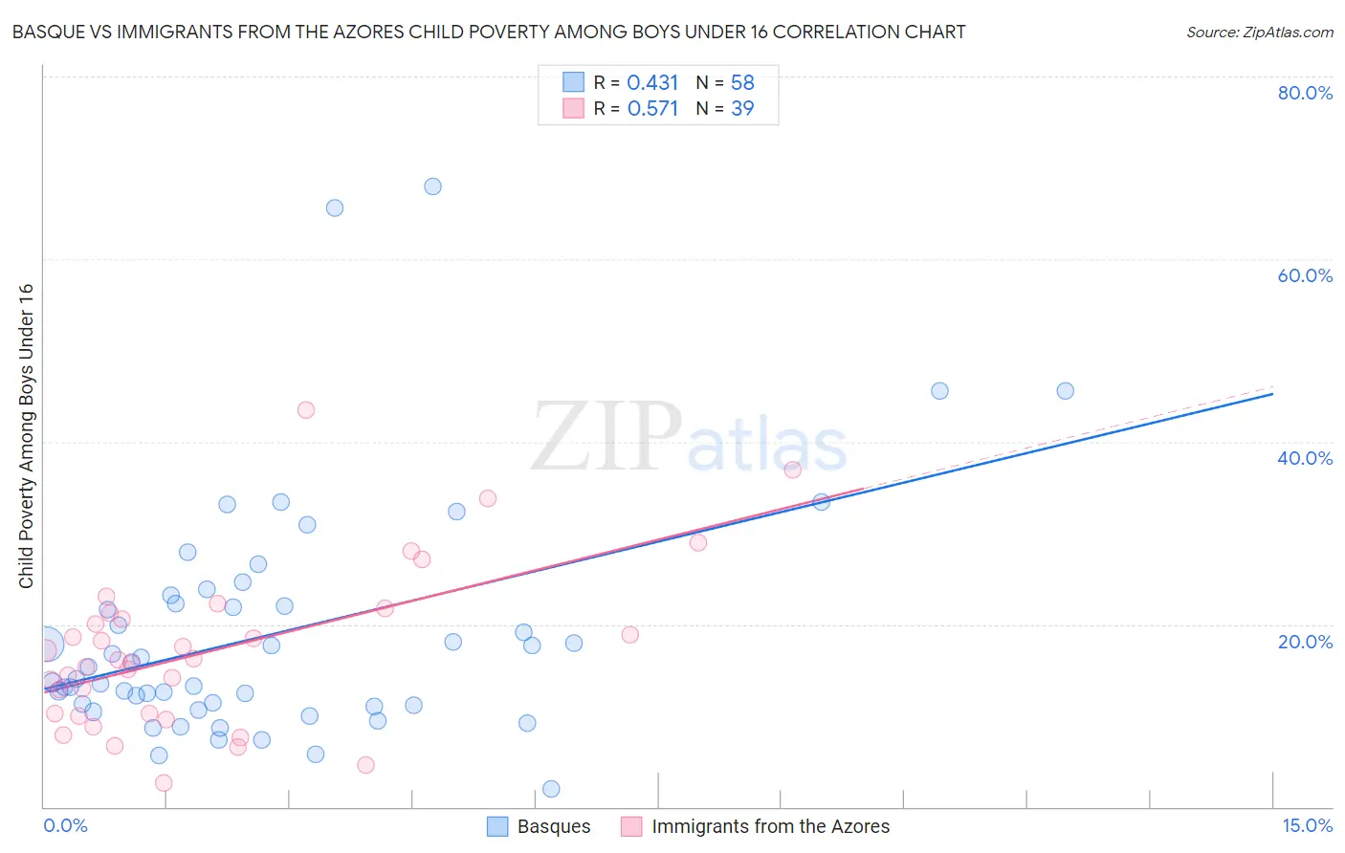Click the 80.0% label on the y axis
(1305, 93)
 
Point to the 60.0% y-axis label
(1305, 275)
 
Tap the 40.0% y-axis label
(1305, 458)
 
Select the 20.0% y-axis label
(1305, 642)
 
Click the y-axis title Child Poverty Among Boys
(26, 436)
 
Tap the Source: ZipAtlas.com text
(1259, 33)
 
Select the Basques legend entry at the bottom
(553, 827)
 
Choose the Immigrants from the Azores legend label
(770, 827)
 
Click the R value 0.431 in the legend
(652, 83)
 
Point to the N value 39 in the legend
(742, 109)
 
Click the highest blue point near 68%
(432, 186)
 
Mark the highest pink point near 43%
(306, 410)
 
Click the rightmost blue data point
(1065, 391)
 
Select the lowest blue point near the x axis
(551, 789)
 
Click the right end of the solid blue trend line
(1272, 393)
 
